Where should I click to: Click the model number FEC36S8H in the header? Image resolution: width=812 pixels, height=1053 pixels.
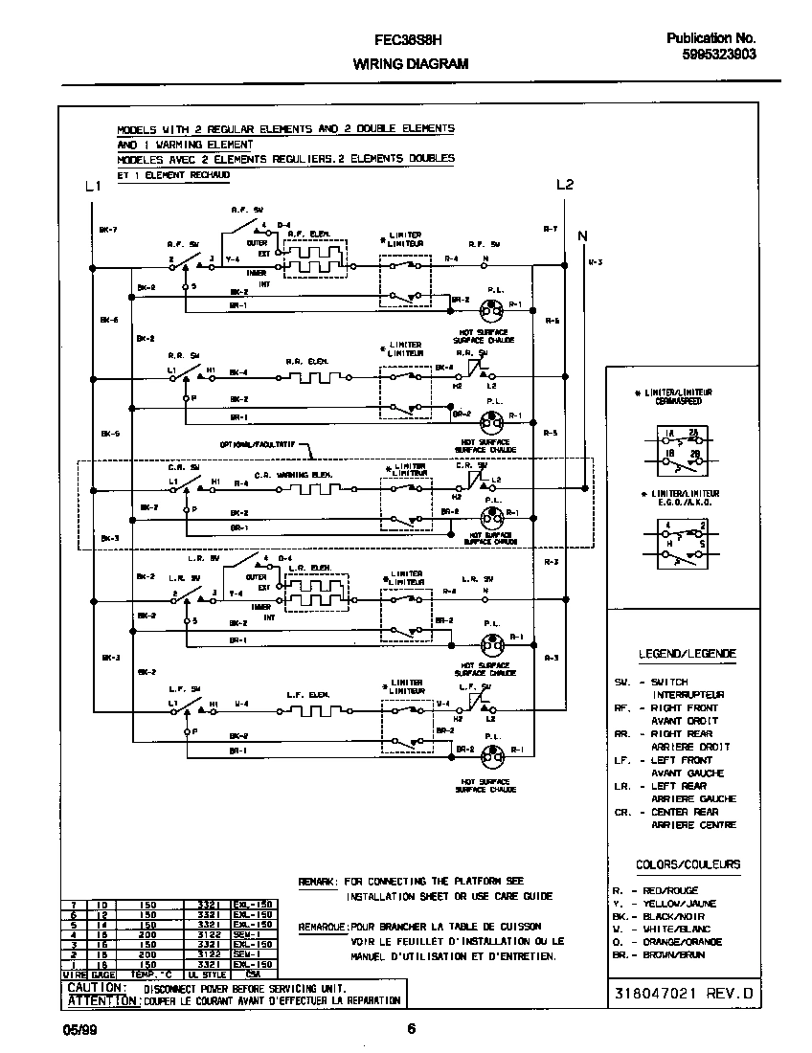pyautogui.click(x=406, y=42)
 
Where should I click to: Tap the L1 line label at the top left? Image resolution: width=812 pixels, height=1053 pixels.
pyautogui.click(x=92, y=186)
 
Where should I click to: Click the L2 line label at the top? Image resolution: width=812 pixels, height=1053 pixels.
pyautogui.click(x=565, y=185)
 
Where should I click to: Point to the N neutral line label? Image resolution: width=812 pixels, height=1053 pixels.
pyautogui.click(x=582, y=234)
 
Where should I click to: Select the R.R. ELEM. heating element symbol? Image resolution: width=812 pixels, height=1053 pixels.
pyautogui.click(x=307, y=377)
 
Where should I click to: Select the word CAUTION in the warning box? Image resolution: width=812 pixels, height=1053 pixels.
pyautogui.click(x=96, y=987)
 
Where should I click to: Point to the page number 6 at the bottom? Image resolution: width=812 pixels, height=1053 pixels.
pyautogui.click(x=411, y=1029)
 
